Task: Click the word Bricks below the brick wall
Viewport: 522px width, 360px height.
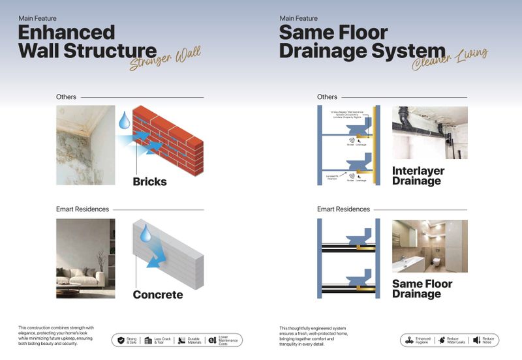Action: pyautogui.click(x=149, y=181)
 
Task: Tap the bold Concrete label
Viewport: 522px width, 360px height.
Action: pyautogui.click(x=157, y=295)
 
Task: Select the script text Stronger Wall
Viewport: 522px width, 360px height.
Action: pyautogui.click(x=164, y=57)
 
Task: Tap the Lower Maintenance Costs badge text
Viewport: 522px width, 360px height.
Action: pyautogui.click(x=228, y=340)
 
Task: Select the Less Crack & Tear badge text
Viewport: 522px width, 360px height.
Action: pyautogui.click(x=162, y=340)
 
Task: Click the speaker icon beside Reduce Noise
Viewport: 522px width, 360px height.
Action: pyautogui.click(x=476, y=340)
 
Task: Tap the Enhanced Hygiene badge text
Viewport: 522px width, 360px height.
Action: pyautogui.click(x=423, y=340)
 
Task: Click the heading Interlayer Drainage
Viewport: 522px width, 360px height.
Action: pyautogui.click(x=418, y=175)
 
